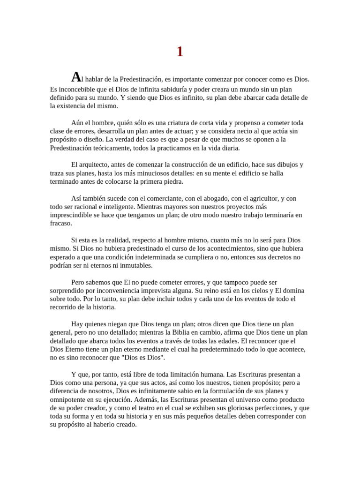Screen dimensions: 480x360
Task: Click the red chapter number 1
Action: tap(180, 52)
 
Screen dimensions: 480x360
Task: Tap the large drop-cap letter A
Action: tap(76, 77)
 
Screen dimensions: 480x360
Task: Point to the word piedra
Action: tap(173, 182)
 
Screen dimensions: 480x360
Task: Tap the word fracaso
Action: tap(61, 224)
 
